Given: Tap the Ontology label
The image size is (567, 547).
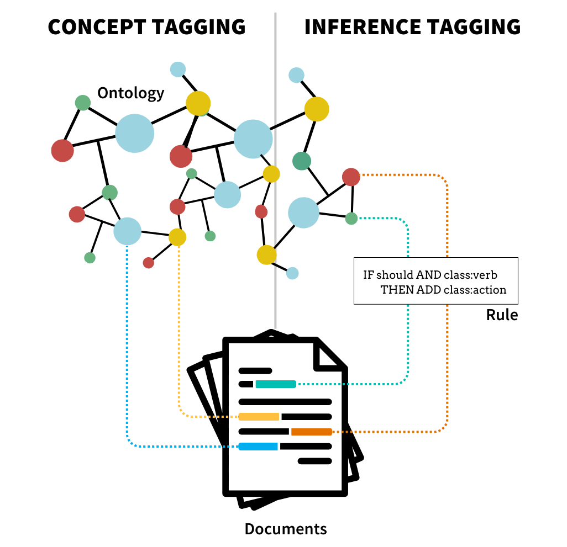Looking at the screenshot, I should point(131,93).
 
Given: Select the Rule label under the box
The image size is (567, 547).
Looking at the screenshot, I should point(502,315).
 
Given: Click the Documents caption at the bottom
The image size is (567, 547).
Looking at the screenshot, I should point(286,529).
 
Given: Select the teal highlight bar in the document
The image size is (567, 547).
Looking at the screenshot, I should point(276,384).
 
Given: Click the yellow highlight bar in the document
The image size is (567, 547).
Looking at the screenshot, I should point(259,417).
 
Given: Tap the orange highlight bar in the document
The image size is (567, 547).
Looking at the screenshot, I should point(311,432).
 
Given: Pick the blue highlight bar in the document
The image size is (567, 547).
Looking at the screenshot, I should point(258,447).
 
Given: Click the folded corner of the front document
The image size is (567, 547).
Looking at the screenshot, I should point(329,355).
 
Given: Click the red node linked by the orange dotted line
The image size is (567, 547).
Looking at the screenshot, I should point(351,177).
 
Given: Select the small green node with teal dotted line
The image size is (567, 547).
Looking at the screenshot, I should point(351,219).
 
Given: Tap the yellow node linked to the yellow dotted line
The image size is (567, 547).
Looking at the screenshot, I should point(177,237).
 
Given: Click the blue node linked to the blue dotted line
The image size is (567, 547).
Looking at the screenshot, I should point(128,231).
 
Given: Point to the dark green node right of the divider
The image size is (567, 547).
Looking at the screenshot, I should point(302,161).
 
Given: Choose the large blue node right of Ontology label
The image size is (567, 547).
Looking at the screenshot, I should point(135,133).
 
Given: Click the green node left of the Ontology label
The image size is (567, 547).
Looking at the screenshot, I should point(82,102).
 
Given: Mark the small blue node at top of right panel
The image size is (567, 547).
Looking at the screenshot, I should point(297,75).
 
